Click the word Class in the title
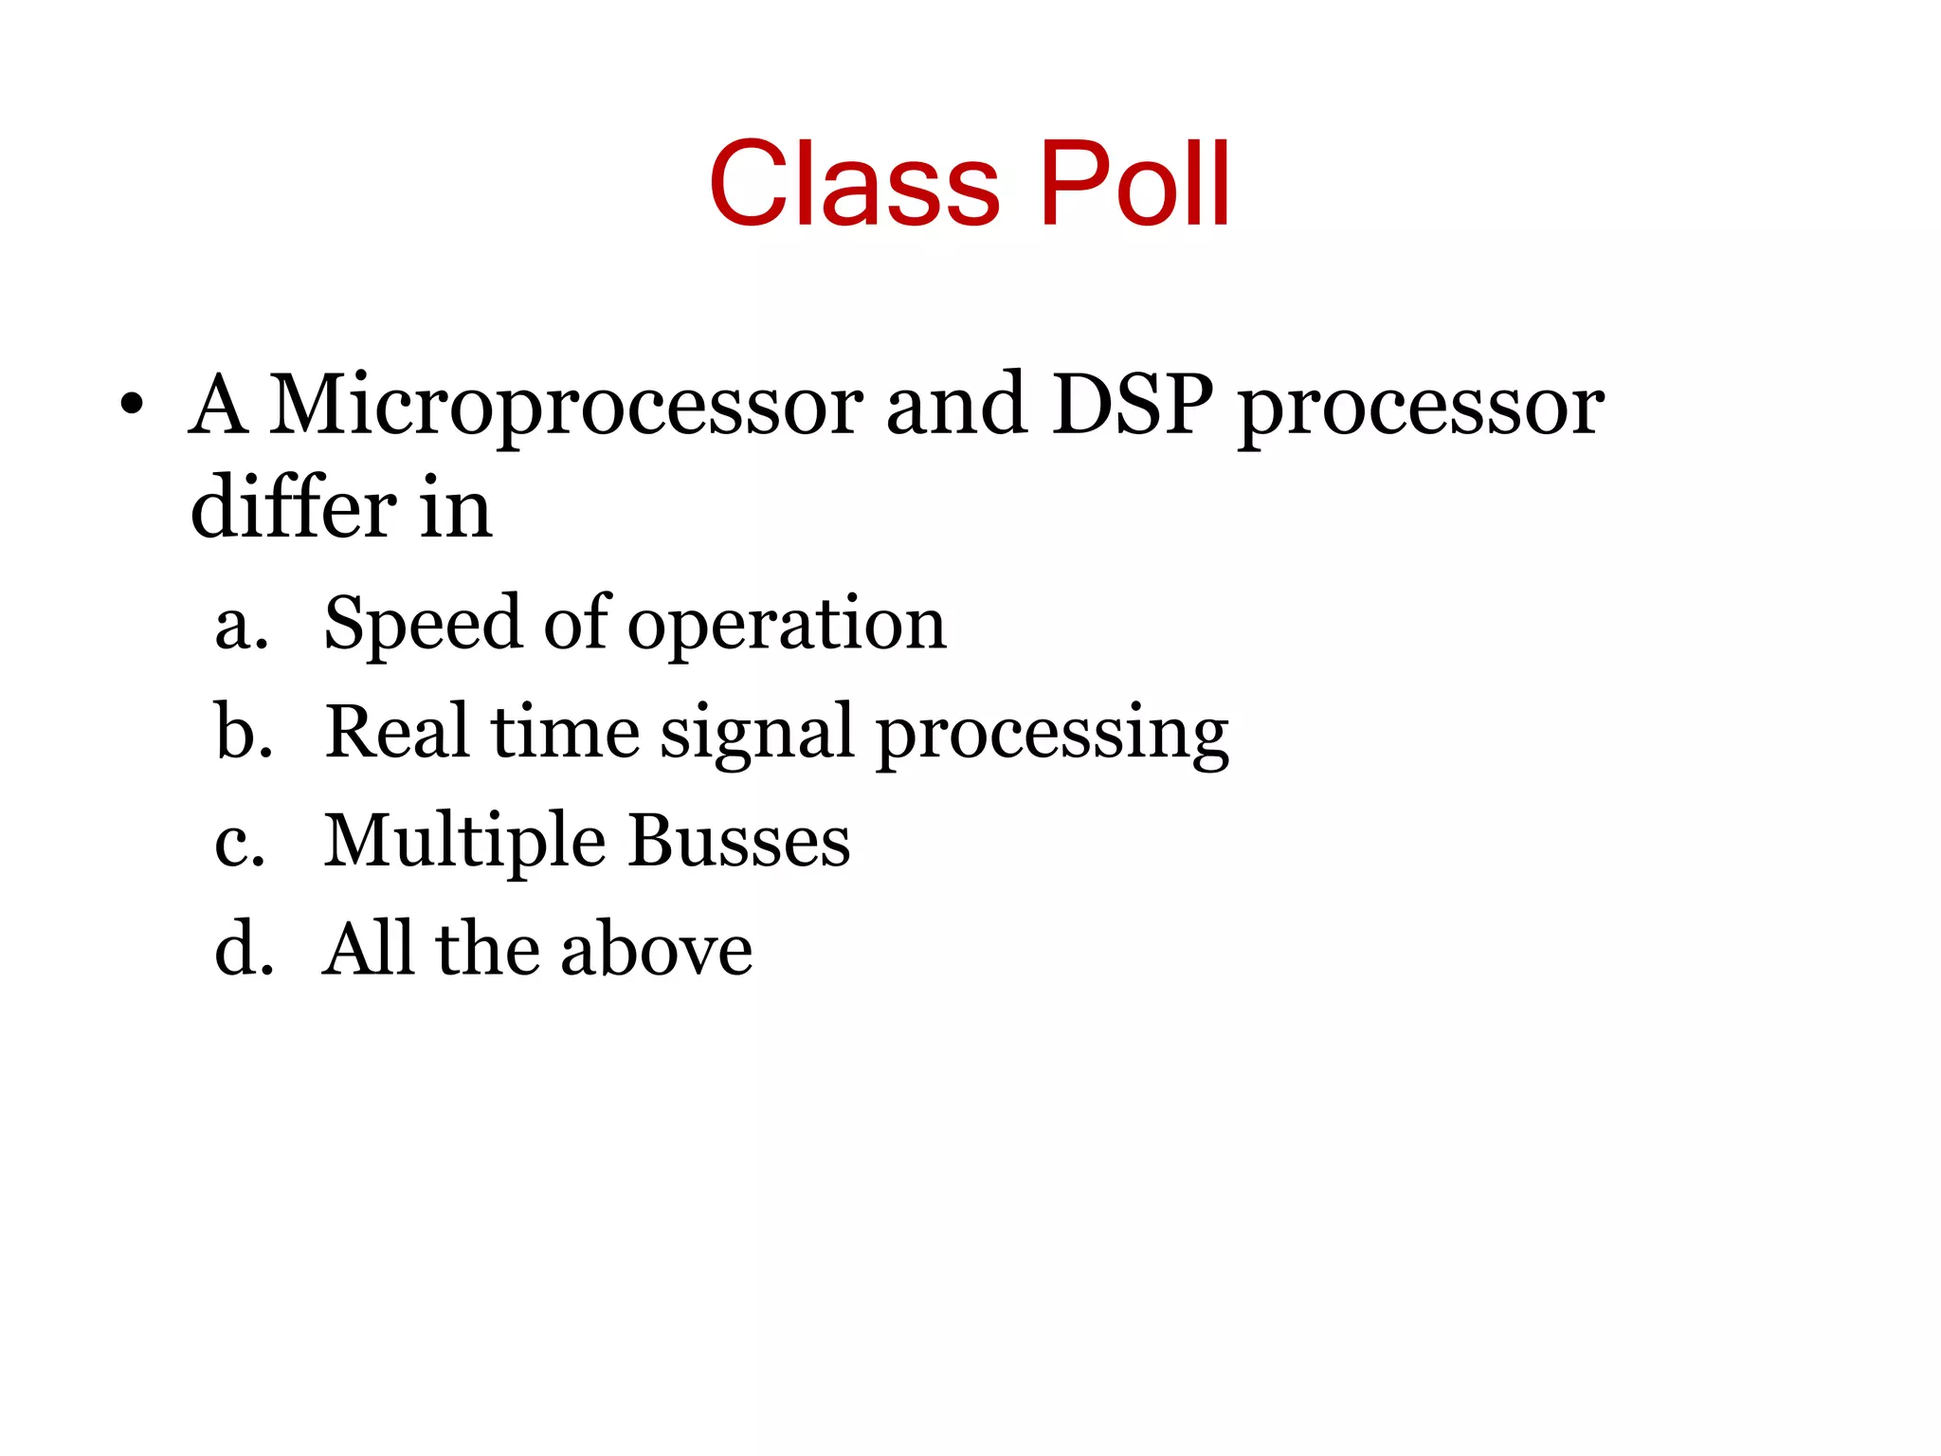coord(854,184)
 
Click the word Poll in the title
coord(1134,184)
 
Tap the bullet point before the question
coord(132,407)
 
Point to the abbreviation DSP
coord(1133,405)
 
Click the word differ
coord(293,508)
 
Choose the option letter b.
coord(243,732)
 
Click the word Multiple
coord(464,842)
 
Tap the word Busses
coord(739,842)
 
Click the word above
coord(656,950)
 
